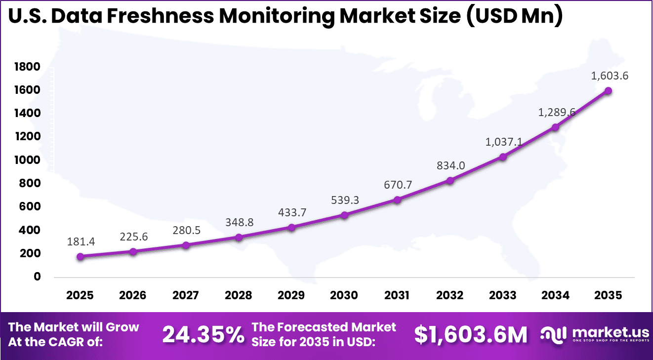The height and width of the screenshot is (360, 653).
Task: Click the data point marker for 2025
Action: (81, 257)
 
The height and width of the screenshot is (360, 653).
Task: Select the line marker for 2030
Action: (344, 215)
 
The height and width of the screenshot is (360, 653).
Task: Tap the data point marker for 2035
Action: (608, 91)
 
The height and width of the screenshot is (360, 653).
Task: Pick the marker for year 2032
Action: (450, 181)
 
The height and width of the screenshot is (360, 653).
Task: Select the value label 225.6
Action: (134, 237)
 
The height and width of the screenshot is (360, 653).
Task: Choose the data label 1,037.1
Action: (503, 142)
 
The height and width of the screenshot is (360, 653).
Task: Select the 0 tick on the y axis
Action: (37, 277)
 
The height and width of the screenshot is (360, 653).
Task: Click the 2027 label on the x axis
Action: (186, 295)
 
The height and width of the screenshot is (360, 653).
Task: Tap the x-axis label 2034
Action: (556, 295)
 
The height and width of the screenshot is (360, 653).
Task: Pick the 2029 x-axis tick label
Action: (291, 295)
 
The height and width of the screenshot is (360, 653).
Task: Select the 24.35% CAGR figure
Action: (203, 335)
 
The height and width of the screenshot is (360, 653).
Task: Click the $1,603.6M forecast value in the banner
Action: (471, 335)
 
